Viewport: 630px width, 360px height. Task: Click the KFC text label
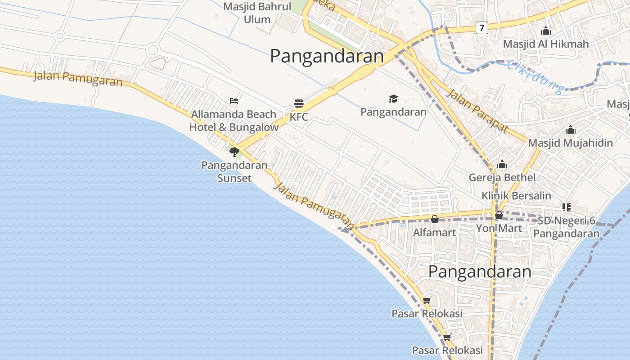(299, 117)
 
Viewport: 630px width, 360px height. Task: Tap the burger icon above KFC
(298, 103)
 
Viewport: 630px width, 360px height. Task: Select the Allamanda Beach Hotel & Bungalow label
(234, 121)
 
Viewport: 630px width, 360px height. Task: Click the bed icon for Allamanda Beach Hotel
(234, 101)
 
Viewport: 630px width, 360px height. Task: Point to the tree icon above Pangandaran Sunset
(234, 152)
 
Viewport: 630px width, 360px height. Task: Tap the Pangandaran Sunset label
(234, 171)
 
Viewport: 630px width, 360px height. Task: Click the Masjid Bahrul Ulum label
(256, 13)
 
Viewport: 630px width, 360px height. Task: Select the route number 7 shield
(481, 28)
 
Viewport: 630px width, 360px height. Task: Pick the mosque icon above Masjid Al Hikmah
(546, 31)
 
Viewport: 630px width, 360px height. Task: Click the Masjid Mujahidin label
(570, 143)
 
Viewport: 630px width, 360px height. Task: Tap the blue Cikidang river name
(535, 76)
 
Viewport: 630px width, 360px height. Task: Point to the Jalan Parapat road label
(477, 111)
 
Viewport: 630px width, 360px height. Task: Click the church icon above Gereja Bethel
(502, 164)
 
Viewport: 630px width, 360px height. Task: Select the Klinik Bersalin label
(516, 196)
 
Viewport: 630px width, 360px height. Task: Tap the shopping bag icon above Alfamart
(435, 219)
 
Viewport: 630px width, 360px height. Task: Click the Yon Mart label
(499, 228)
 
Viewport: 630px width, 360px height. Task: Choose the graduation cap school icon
(393, 99)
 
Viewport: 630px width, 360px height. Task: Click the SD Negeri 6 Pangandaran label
(567, 227)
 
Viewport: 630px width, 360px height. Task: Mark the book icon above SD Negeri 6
(566, 207)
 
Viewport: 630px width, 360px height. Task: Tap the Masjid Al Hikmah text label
(545, 44)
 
